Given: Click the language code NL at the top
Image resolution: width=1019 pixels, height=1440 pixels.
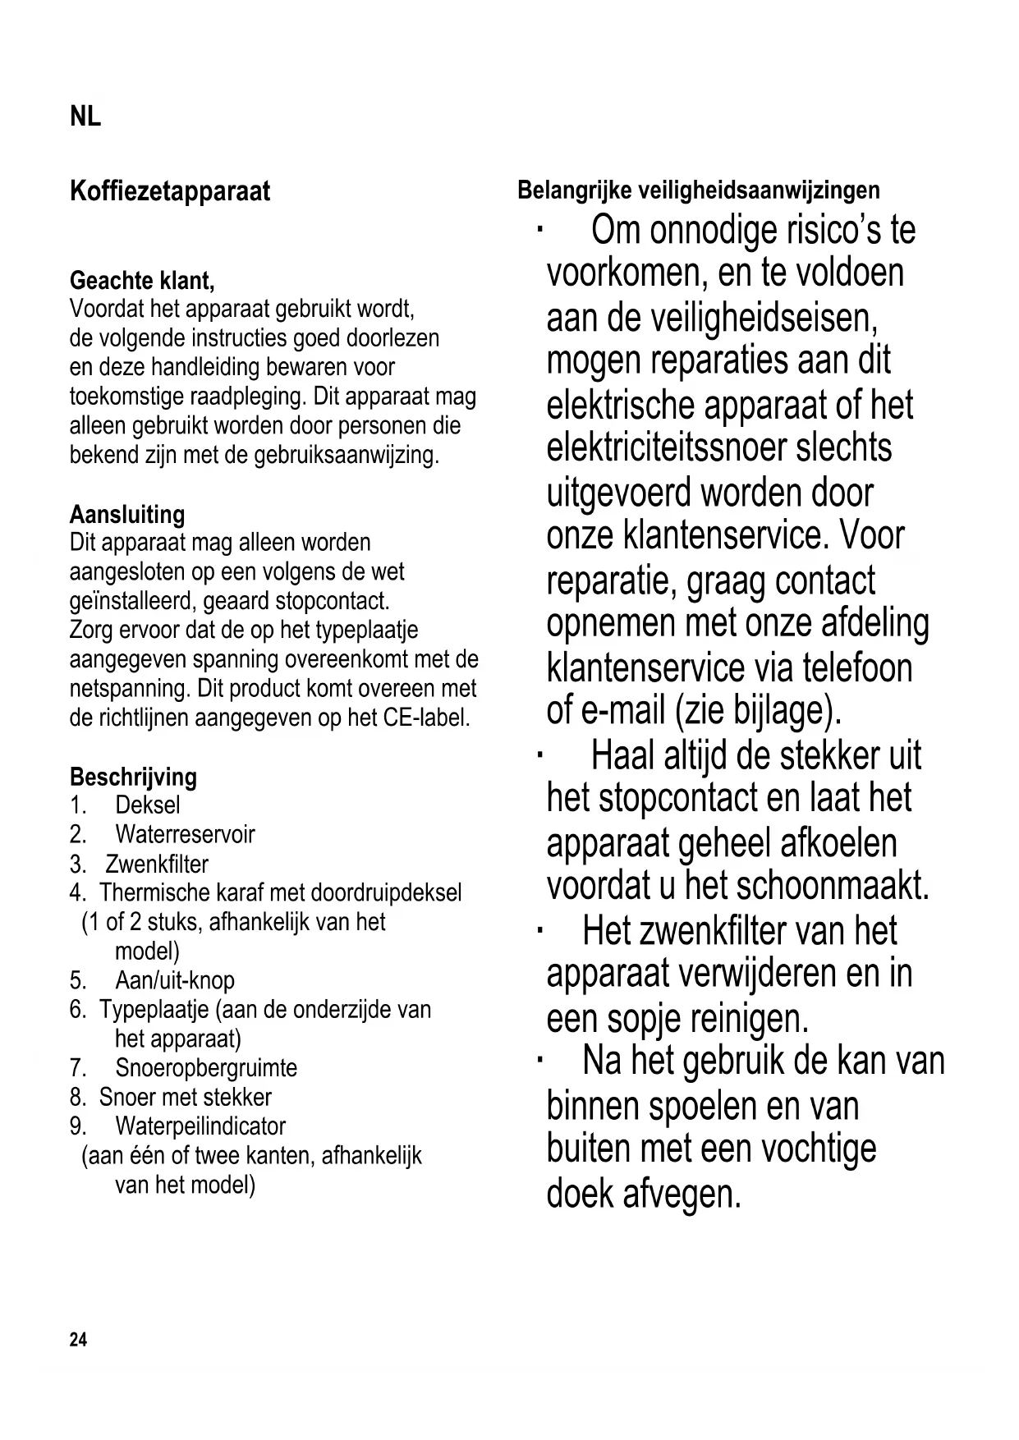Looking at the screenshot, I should tap(85, 117).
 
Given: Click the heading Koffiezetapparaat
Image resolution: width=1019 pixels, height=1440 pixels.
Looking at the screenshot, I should tap(170, 192).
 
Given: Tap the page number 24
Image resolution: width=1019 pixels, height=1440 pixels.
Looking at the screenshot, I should tap(78, 1340).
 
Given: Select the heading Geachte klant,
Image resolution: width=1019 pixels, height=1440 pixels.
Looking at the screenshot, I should tap(142, 281).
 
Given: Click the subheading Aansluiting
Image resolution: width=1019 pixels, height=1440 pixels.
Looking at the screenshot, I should tap(127, 515).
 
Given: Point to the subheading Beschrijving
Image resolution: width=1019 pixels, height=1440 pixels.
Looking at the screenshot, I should tap(133, 777).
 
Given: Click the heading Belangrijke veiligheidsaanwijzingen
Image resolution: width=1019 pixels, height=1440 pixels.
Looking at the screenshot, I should tap(698, 190).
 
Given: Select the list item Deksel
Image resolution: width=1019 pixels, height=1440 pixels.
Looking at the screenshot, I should tap(147, 805).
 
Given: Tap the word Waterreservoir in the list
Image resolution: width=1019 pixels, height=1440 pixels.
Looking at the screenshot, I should tap(185, 835).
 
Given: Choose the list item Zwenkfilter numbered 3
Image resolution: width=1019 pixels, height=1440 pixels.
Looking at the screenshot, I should tap(157, 864).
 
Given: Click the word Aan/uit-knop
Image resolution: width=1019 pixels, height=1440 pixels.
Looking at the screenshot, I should tap(175, 981).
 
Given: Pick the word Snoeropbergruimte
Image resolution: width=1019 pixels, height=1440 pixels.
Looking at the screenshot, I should tap(206, 1068).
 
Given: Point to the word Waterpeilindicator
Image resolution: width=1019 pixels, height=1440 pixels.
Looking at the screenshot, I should tap(200, 1126).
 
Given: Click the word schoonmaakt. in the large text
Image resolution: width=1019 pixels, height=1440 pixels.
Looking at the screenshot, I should tap(833, 885).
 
